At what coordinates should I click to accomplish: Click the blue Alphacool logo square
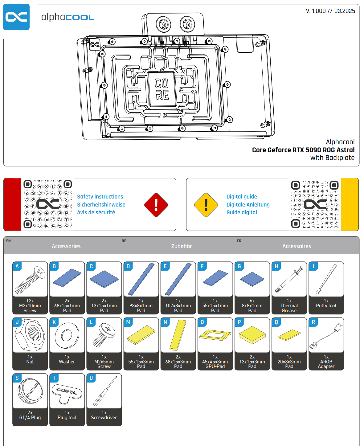point(16,17)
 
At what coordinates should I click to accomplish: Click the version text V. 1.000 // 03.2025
point(330,11)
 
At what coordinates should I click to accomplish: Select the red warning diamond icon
point(156,205)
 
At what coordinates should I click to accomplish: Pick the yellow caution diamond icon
point(206,205)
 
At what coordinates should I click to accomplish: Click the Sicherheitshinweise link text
point(101,205)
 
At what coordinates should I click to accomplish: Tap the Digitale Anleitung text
point(248,205)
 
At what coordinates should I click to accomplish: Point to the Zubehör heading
point(181,246)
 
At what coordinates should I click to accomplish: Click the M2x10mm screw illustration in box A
point(30,280)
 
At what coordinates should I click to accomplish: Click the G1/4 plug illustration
point(30,391)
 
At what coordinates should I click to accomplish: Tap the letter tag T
point(54,378)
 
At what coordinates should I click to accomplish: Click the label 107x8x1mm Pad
point(178,308)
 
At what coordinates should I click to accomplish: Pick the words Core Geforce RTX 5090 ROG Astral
point(303,150)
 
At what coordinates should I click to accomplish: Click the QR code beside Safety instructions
point(48,204)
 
